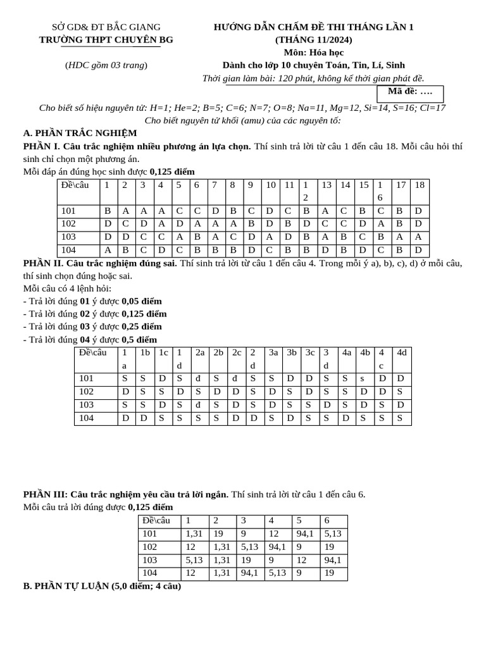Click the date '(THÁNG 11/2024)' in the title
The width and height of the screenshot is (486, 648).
coord(314,39)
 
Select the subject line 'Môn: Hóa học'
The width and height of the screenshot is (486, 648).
coord(314,53)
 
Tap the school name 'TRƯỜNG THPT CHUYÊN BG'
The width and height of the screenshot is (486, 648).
coord(106,39)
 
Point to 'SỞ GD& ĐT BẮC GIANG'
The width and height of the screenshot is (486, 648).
coord(106,27)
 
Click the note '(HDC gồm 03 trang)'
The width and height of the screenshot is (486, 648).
coord(106,65)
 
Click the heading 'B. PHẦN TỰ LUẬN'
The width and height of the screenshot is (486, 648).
coord(102,586)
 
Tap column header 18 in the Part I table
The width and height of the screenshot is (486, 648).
coord(419,185)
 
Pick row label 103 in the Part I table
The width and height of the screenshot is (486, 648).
coord(69,236)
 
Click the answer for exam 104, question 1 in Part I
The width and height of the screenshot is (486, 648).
coord(108,249)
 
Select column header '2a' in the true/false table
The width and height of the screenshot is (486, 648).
coord(200,352)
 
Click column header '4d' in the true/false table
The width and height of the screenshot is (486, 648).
coord(401,352)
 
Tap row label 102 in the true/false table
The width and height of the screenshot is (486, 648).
coord(87,392)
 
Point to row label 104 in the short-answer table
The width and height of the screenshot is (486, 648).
coord(151,573)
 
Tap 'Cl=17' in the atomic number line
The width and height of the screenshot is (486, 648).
coord(432,108)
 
